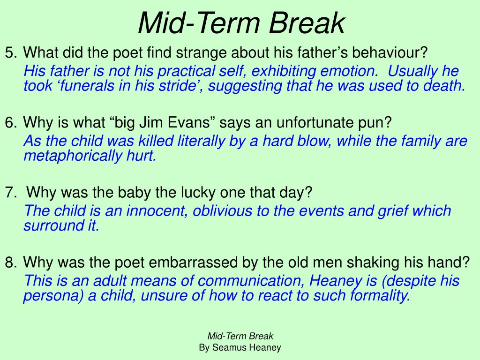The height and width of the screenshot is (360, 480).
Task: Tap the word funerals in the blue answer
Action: coord(77,86)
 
